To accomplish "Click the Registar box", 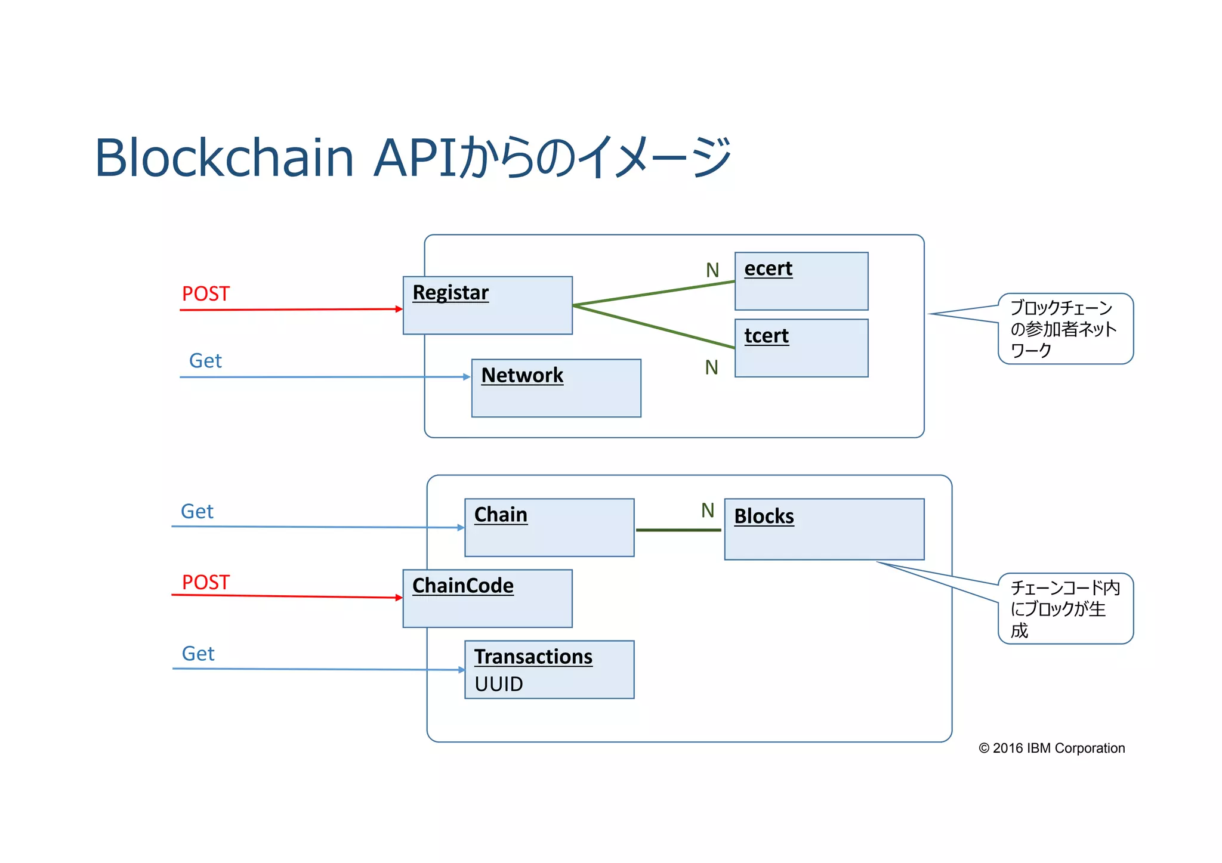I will pyautogui.click(x=487, y=305).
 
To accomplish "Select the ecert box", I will pyautogui.click(x=801, y=282).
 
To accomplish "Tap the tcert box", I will pyautogui.click(x=801, y=348).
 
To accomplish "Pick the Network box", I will pyautogui.click(x=556, y=388).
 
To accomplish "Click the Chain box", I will pyautogui.click(x=549, y=528).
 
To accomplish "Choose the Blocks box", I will pyautogui.click(x=824, y=530).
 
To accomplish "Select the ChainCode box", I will pyautogui.click(x=487, y=599).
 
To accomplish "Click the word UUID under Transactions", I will pyautogui.click(x=499, y=684).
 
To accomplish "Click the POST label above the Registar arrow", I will pyautogui.click(x=206, y=294).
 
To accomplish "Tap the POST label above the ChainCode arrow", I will pyautogui.click(x=206, y=583).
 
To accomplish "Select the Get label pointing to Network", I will pyautogui.click(x=205, y=361).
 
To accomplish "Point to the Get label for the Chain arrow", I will pyautogui.click(x=197, y=512).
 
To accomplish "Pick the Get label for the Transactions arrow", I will pyautogui.click(x=198, y=654).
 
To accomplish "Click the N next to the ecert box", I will pyautogui.click(x=712, y=270).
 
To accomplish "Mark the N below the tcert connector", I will pyautogui.click(x=711, y=367).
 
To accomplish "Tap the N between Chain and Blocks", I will pyautogui.click(x=708, y=511).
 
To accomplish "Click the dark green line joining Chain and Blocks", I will pyautogui.click(x=678, y=530).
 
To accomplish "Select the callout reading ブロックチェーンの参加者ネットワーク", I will pyautogui.click(x=1065, y=329).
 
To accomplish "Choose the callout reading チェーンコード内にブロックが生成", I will pyautogui.click(x=1065, y=609).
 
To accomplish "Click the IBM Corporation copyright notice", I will pyautogui.click(x=1051, y=748).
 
